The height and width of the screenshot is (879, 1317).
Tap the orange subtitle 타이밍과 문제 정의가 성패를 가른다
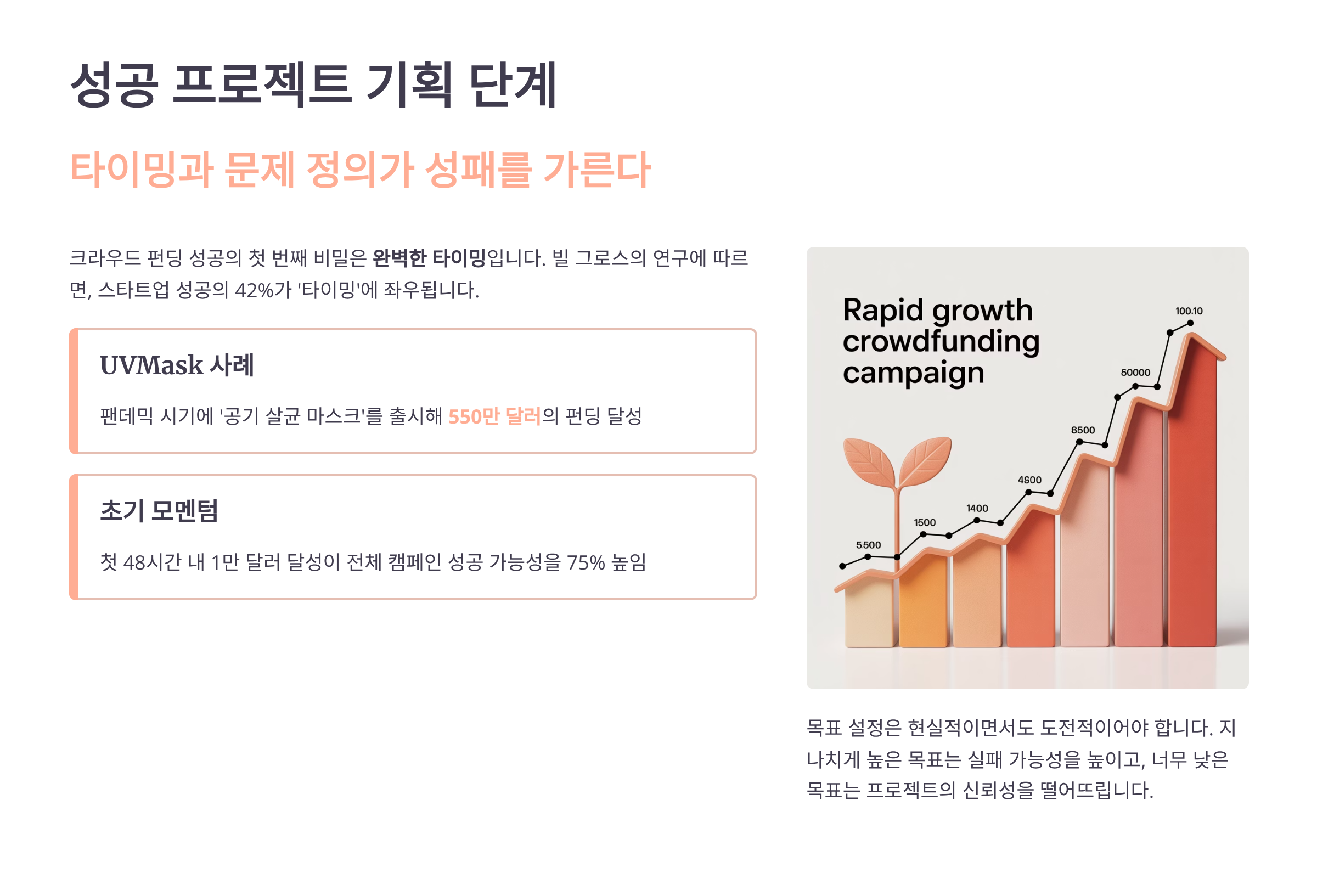(x=360, y=170)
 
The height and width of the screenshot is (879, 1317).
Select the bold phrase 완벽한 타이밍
(x=429, y=258)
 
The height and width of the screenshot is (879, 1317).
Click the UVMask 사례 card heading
(x=177, y=365)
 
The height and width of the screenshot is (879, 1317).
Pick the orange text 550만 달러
(x=494, y=416)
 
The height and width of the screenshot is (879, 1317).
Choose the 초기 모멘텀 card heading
(x=159, y=511)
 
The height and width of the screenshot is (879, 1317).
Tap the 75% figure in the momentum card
(x=586, y=562)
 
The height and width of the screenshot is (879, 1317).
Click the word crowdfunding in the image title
(x=941, y=341)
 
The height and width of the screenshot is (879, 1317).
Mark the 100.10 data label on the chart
(x=1189, y=311)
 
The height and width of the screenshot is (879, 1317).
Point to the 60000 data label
(x=1135, y=372)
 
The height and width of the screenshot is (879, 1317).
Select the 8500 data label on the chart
(x=1083, y=430)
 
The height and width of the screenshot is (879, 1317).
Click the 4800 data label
(x=1029, y=480)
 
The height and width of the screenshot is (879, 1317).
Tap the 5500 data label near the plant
(x=868, y=545)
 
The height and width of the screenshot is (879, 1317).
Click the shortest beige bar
(x=870, y=613)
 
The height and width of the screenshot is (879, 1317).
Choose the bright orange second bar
(x=923, y=601)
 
